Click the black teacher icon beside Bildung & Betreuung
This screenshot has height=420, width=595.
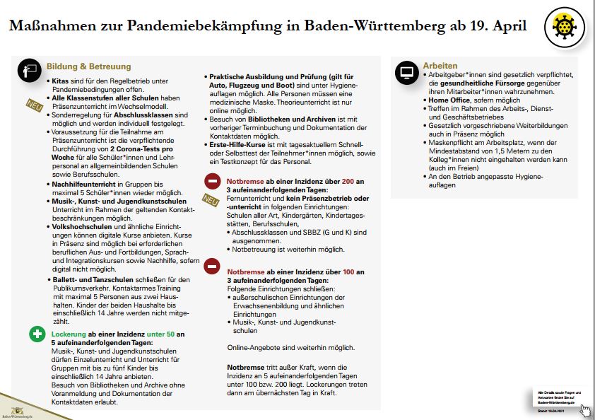pyautogui.click(x=29, y=69)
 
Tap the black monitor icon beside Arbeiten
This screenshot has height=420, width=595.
pyautogui.click(x=406, y=72)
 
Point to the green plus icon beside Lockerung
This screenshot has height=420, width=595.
pyautogui.click(x=37, y=334)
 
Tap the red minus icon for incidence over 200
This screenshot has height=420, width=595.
pyautogui.click(x=211, y=182)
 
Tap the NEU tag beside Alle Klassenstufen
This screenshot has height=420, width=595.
pyautogui.click(x=33, y=105)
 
